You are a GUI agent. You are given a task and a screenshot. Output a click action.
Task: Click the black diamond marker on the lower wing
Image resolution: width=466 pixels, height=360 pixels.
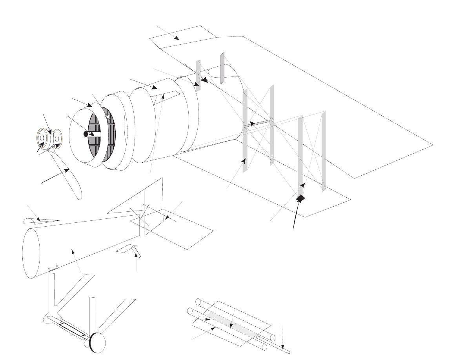click(300, 198)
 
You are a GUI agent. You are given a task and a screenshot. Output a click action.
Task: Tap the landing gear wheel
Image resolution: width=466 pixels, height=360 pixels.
click(98, 343)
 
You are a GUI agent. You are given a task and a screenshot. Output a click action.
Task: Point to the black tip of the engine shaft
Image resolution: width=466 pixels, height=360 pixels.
click(86, 134)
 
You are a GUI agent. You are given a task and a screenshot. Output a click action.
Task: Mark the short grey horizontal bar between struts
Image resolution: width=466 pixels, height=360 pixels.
click(257, 124)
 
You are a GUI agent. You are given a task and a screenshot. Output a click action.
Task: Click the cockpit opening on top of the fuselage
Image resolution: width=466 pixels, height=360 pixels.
click(218, 73)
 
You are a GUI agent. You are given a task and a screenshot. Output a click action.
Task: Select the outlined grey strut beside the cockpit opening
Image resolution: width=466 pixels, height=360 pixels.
click(222, 68)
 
